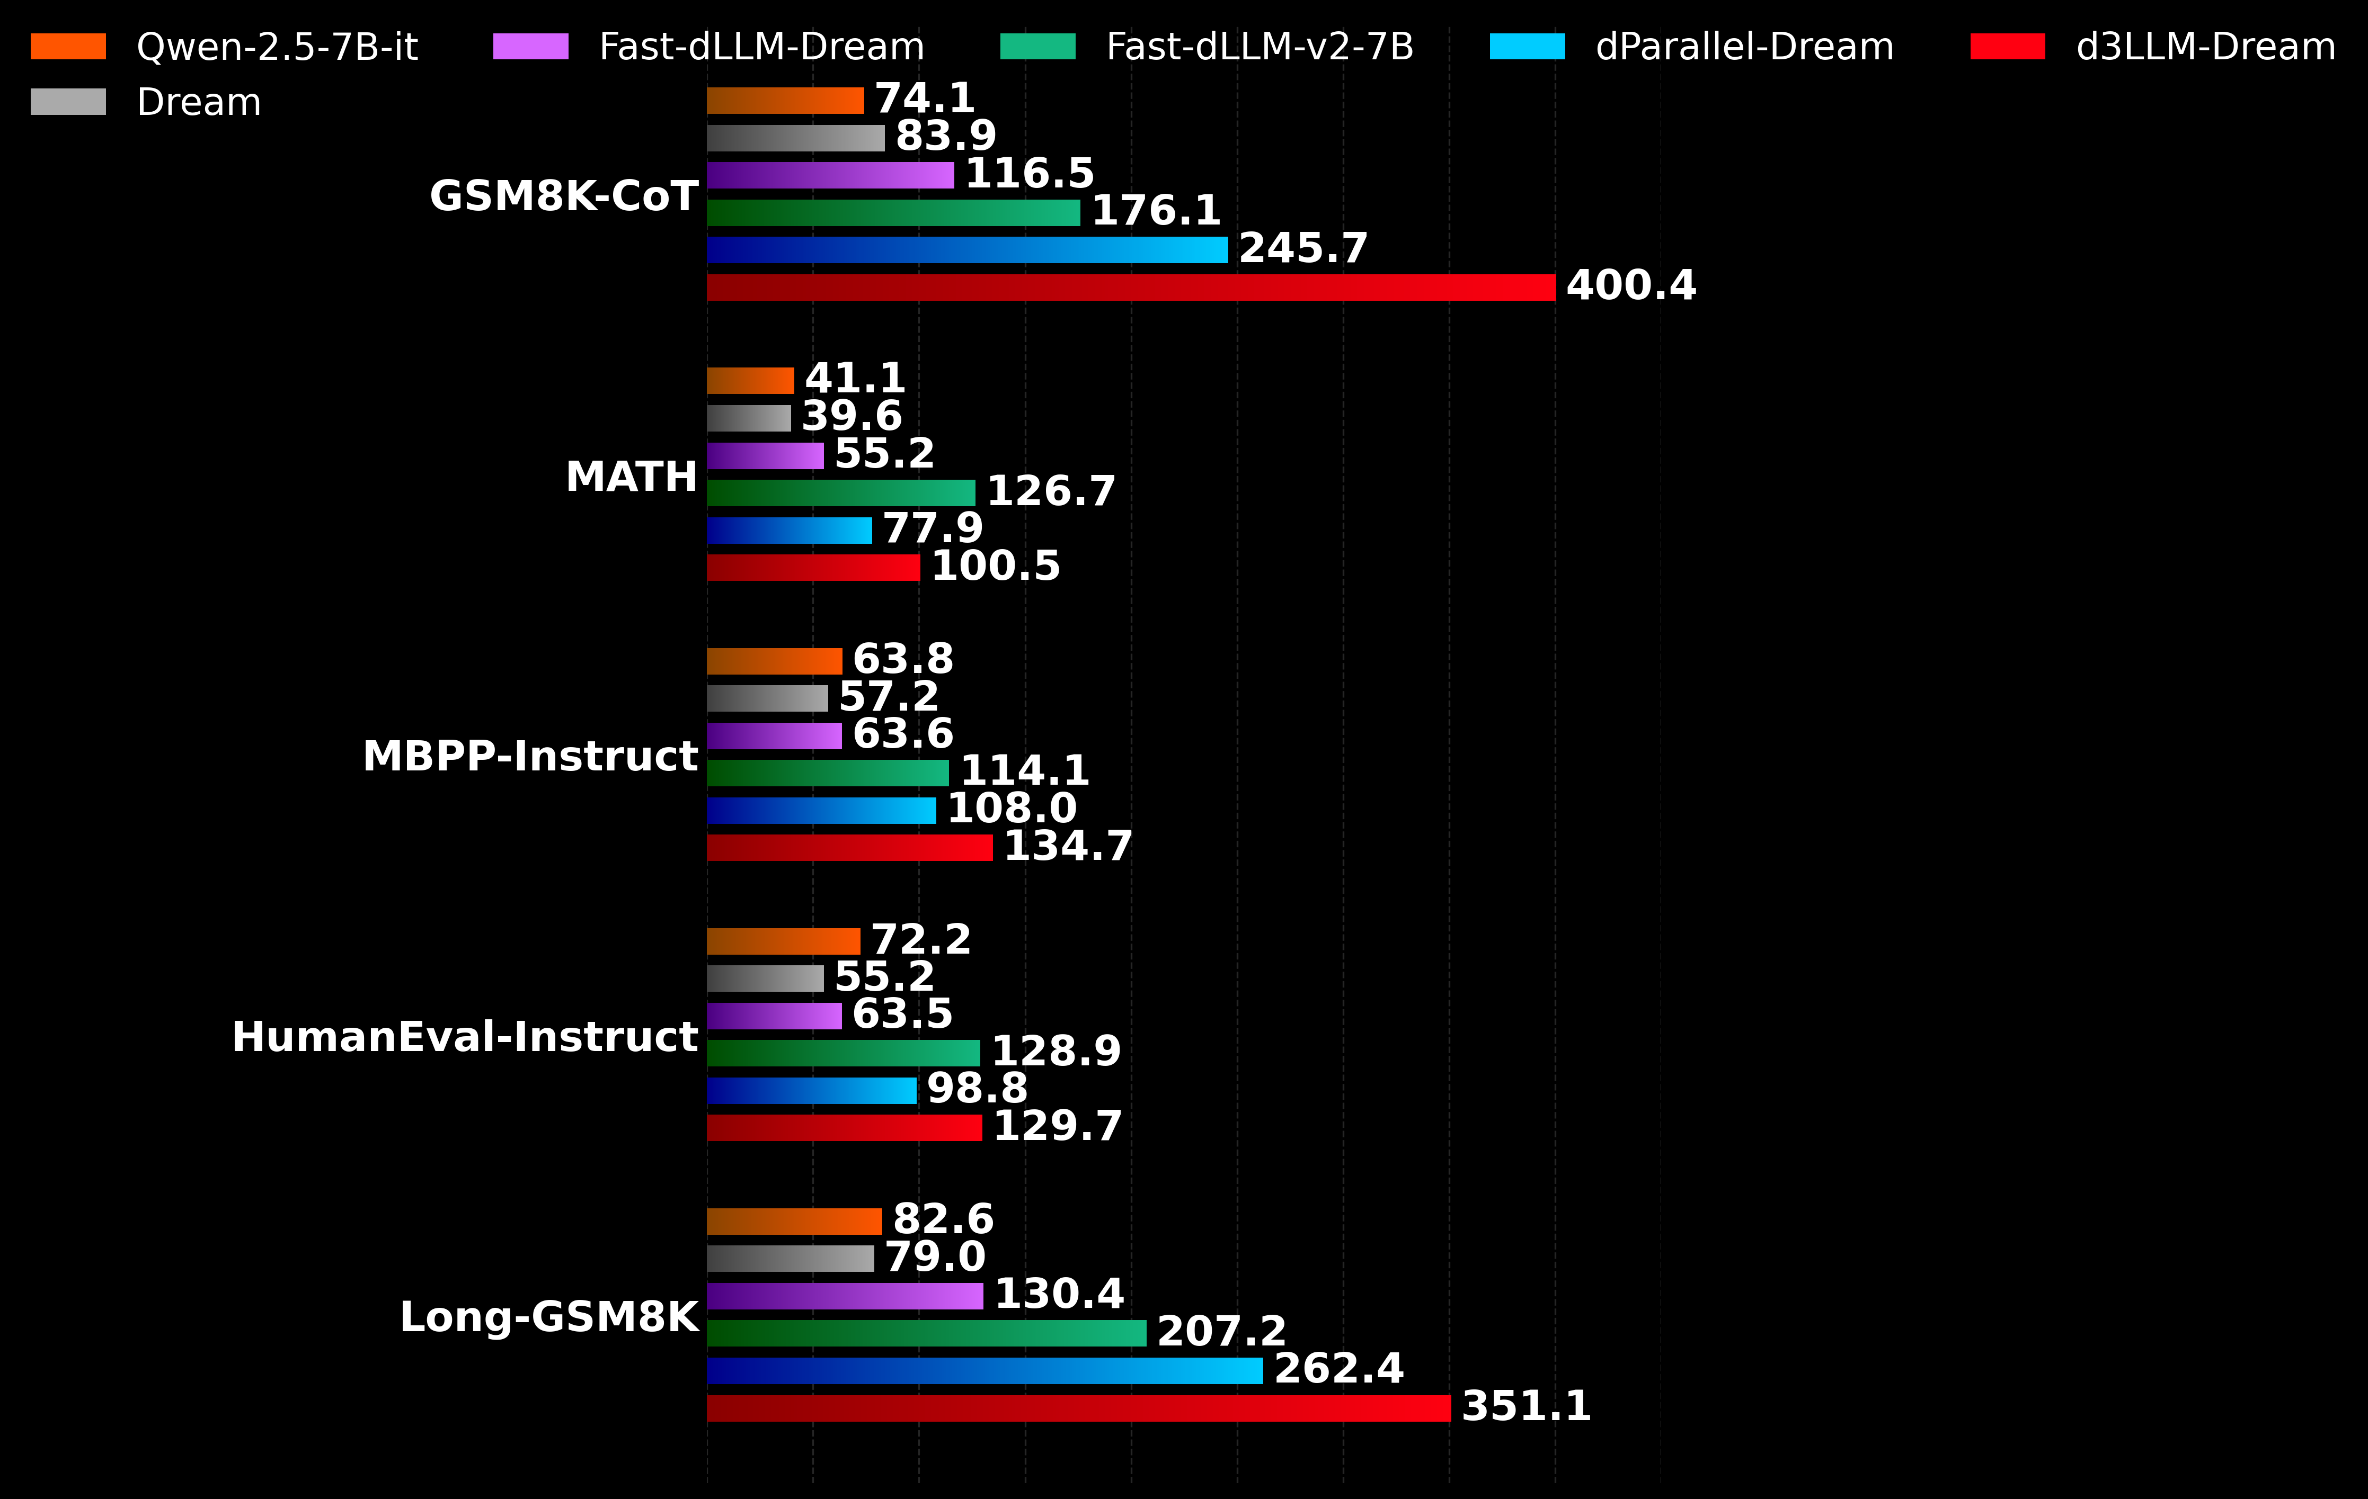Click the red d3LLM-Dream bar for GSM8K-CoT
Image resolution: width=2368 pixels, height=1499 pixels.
tap(1131, 287)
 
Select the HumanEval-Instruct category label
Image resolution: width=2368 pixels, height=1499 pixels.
tap(464, 1037)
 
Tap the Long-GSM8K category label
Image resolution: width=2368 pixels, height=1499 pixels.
tap(549, 1317)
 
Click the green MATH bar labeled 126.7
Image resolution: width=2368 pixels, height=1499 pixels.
tap(841, 492)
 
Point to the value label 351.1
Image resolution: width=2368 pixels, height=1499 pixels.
tap(1526, 1406)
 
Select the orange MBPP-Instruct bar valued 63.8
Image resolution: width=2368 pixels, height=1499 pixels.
tap(774, 660)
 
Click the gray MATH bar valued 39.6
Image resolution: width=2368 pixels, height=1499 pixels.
tap(748, 418)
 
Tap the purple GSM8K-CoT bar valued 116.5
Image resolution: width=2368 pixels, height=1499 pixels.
tap(830, 175)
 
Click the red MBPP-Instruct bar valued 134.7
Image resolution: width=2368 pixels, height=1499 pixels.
tap(849, 847)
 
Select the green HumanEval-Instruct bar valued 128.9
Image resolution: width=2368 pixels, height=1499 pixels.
tap(843, 1053)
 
